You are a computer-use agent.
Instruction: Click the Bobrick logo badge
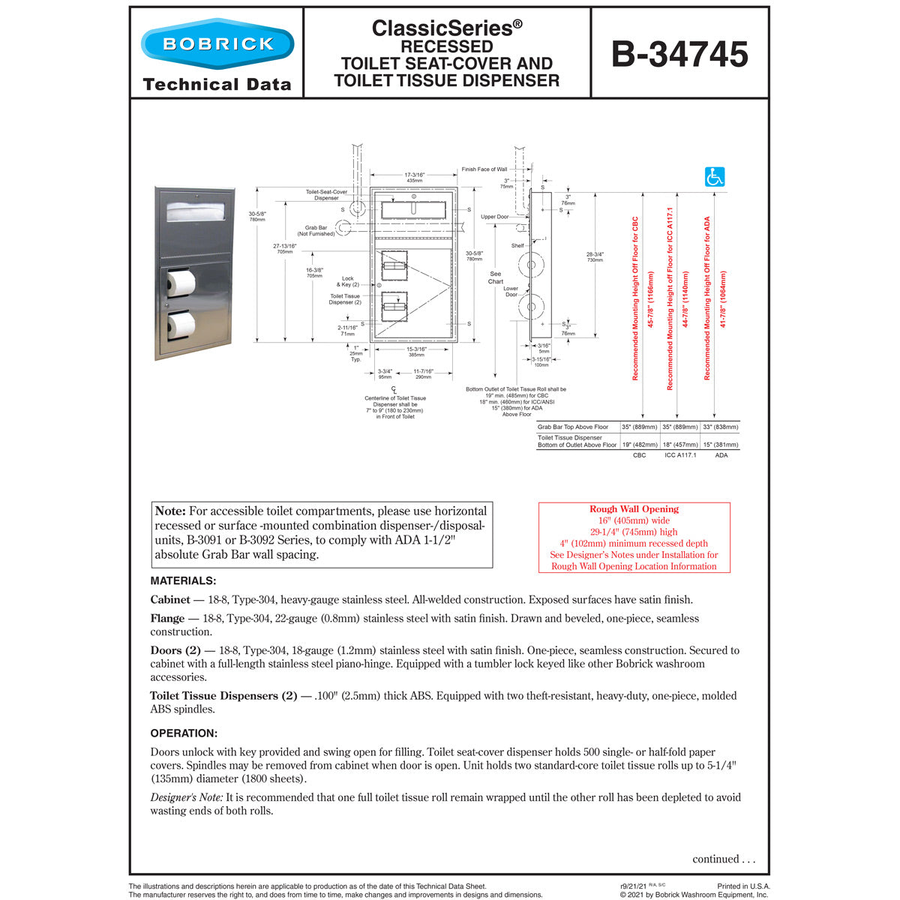tap(217, 43)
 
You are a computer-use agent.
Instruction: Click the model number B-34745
tap(679, 54)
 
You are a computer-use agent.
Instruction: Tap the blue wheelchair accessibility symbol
tap(715, 177)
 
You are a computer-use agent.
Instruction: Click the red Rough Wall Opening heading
tap(634, 509)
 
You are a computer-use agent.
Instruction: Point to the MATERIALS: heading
tap(183, 581)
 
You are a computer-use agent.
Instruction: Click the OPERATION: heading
tap(184, 733)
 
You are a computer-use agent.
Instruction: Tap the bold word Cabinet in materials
tap(170, 600)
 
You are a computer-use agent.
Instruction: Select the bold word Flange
tap(167, 619)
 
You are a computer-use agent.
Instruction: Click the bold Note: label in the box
tap(170, 511)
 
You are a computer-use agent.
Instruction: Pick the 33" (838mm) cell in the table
tap(721, 427)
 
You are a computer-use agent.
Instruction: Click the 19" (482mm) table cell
tap(639, 445)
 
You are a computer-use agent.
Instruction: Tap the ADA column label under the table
tap(721, 455)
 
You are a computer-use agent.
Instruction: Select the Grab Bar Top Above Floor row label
tap(573, 427)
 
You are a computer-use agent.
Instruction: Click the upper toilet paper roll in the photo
tap(181, 283)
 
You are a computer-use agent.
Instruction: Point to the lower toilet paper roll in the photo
tap(181, 325)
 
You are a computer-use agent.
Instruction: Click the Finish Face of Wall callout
tap(484, 169)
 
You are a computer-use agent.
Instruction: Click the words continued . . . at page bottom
tap(724, 859)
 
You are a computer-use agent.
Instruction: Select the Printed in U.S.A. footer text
tap(742, 886)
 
